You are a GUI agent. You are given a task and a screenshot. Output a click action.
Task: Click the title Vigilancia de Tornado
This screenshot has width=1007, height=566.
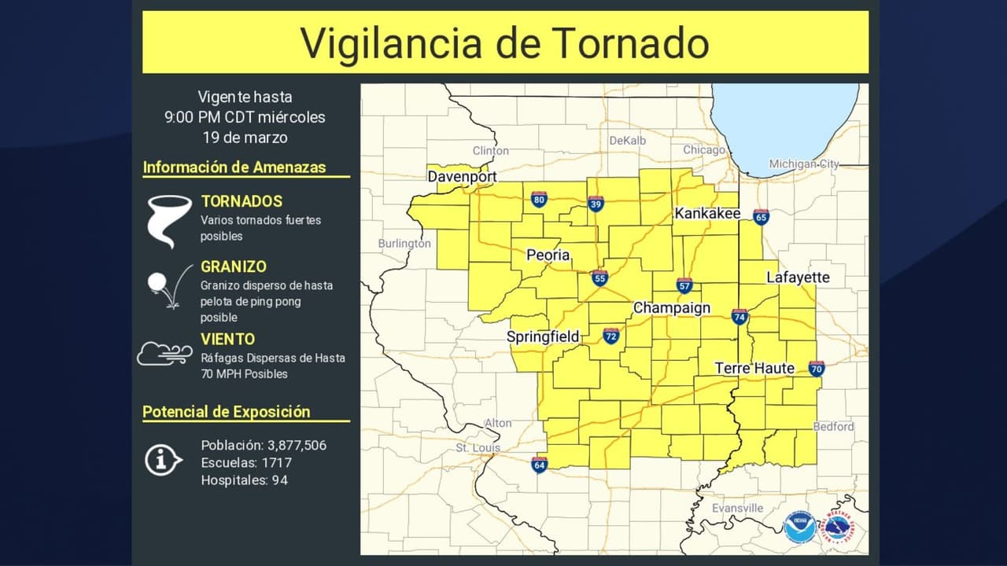pos(504,42)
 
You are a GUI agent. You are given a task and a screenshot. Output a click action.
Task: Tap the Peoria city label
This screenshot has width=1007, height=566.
pos(548,255)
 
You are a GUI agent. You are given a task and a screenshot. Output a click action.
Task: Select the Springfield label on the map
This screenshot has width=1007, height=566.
pos(543,336)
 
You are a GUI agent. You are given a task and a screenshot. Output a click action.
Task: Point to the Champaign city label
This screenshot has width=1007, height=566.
pos(672,308)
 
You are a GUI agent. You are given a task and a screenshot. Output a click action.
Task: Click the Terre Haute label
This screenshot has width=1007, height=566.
pos(754,368)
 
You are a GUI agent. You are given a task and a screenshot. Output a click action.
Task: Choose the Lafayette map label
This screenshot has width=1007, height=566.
pos(798,277)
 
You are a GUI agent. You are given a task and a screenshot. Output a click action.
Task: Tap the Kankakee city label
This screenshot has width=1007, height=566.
pos(707,214)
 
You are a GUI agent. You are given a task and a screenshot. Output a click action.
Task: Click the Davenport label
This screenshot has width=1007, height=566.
pos(462,177)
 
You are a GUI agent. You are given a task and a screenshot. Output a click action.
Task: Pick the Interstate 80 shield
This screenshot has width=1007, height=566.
pos(539,200)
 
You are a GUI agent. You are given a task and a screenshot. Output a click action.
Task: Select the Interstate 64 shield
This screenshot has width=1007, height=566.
pos(539,465)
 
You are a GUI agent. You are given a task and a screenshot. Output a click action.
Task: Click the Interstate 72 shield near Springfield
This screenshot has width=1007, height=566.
pos(611,336)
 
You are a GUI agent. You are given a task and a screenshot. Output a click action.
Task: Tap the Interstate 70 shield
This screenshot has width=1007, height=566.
pos(816,368)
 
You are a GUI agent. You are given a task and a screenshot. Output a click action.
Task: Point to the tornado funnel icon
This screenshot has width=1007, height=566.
pos(169,220)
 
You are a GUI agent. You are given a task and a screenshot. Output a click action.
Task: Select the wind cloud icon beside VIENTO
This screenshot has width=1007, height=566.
pos(164,354)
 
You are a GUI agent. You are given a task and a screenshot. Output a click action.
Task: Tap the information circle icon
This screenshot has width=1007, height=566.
pos(163,459)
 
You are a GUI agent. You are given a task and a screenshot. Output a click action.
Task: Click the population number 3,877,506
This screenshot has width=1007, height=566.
pos(297,446)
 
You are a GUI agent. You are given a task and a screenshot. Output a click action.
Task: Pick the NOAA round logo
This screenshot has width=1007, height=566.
pos(800,527)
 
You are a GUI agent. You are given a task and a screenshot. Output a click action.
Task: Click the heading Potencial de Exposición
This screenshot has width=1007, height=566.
pos(227,412)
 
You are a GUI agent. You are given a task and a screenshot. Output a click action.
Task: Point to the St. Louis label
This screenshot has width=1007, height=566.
pos(478,448)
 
